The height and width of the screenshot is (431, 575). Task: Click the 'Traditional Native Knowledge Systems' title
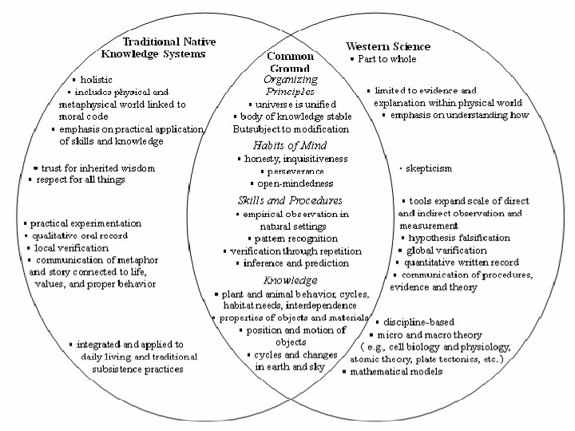(x=153, y=47)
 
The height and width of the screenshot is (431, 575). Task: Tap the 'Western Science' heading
(x=387, y=46)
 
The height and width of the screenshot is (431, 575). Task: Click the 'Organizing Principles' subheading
(x=290, y=85)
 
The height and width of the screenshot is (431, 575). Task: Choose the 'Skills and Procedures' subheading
(x=290, y=200)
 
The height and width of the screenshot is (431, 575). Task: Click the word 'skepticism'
(x=429, y=168)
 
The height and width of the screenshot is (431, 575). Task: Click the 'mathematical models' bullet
(x=395, y=371)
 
